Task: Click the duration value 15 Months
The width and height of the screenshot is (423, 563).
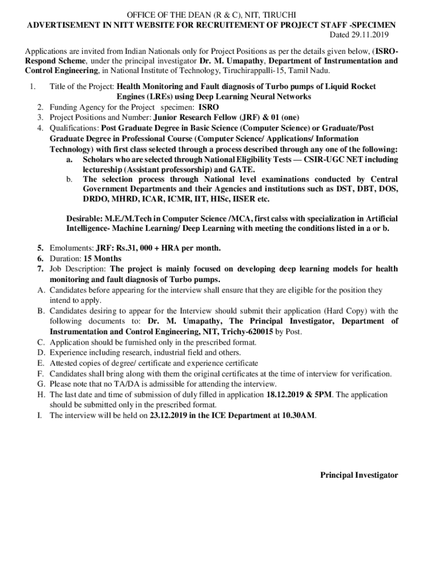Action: pos(103,258)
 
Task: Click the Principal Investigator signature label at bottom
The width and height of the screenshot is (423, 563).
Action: pos(359,475)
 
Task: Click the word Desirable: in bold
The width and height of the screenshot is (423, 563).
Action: pos(86,218)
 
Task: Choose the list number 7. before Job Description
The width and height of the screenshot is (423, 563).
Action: pos(41,269)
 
